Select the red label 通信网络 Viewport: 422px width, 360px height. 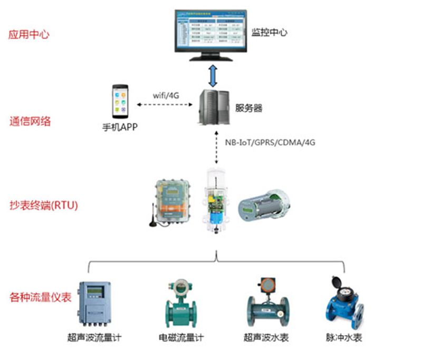(x=30, y=121)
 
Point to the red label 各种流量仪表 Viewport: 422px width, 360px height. (x=40, y=297)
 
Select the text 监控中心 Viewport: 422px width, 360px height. (x=270, y=32)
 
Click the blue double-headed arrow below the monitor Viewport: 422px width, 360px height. (x=212, y=76)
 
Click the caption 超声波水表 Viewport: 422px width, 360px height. (x=266, y=337)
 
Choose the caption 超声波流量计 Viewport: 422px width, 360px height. (x=95, y=337)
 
